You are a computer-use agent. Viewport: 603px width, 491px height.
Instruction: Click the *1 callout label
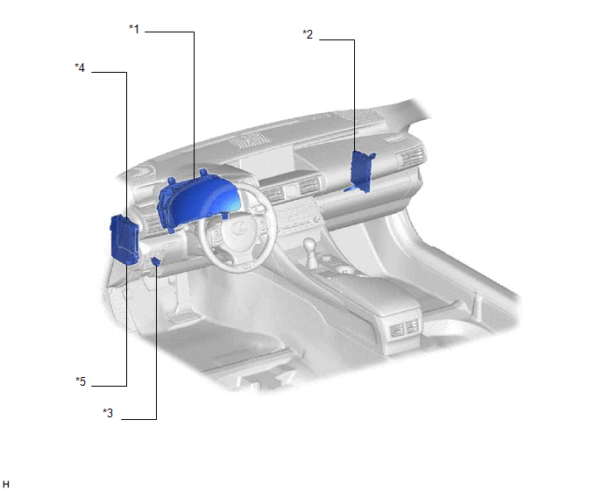(x=134, y=29)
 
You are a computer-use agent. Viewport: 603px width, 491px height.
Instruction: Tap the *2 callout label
(x=308, y=34)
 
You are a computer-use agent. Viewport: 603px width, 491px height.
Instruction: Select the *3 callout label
(x=108, y=413)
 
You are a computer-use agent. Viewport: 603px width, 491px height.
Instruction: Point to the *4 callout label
(x=80, y=68)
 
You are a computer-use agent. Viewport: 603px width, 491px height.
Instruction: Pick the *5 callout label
(x=81, y=381)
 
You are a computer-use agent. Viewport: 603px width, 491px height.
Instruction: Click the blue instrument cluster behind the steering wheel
(x=197, y=200)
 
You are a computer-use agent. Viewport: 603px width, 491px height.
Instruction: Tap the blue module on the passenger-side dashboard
(x=361, y=172)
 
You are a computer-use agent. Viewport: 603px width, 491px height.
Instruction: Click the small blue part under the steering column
(x=156, y=261)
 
